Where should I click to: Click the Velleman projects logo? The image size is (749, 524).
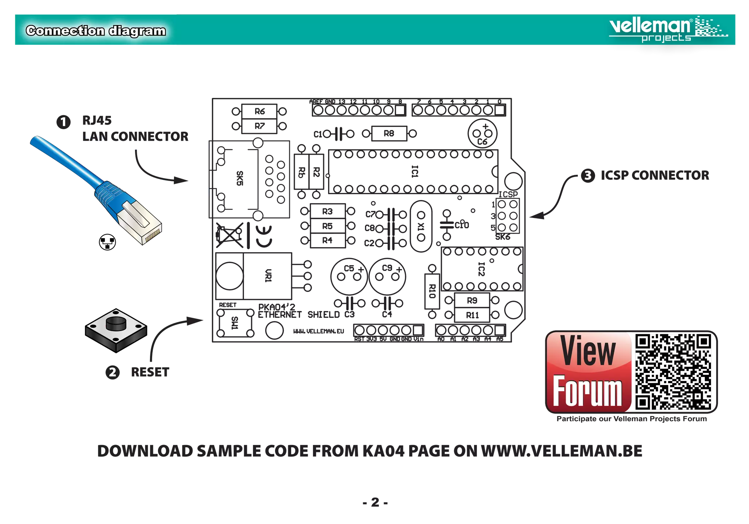pyautogui.click(x=668, y=29)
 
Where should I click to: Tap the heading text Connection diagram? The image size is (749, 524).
pyautogui.click(x=96, y=31)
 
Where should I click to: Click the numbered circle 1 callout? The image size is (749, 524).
pyautogui.click(x=63, y=122)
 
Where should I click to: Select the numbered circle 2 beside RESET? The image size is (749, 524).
pyautogui.click(x=113, y=372)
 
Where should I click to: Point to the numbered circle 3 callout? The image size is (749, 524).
pyautogui.click(x=588, y=176)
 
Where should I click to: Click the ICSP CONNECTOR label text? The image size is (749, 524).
pyautogui.click(x=655, y=176)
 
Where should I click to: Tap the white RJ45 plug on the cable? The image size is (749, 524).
pyautogui.click(x=141, y=222)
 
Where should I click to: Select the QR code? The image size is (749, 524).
pyautogui.click(x=673, y=372)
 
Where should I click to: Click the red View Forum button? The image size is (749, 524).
pyautogui.click(x=588, y=372)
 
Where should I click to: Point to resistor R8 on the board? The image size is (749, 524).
pyautogui.click(x=389, y=134)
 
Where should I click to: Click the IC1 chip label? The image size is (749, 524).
pyautogui.click(x=414, y=171)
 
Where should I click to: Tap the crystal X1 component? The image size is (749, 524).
pyautogui.click(x=421, y=226)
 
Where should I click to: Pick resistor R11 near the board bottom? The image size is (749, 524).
pyautogui.click(x=472, y=315)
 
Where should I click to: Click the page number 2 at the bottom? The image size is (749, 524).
pyautogui.click(x=376, y=502)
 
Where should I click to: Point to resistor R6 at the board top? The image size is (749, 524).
pyautogui.click(x=260, y=111)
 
